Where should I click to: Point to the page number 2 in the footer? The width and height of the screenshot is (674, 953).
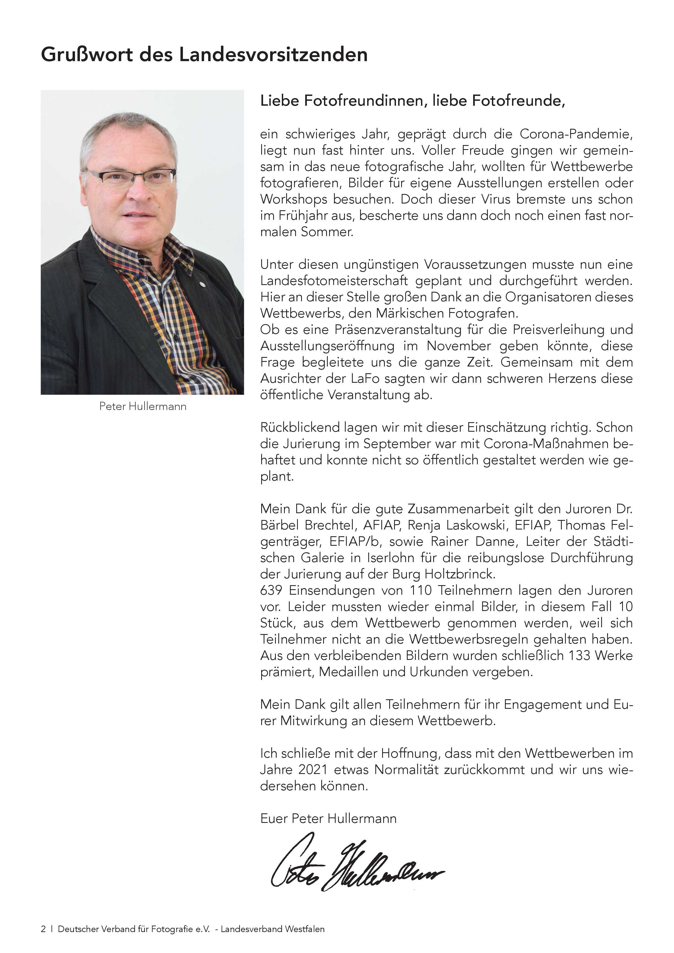point(43,929)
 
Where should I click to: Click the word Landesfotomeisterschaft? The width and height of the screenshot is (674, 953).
point(334,281)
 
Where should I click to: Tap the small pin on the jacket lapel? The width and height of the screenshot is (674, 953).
point(201,284)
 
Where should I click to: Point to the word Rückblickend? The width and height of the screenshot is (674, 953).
point(300,428)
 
